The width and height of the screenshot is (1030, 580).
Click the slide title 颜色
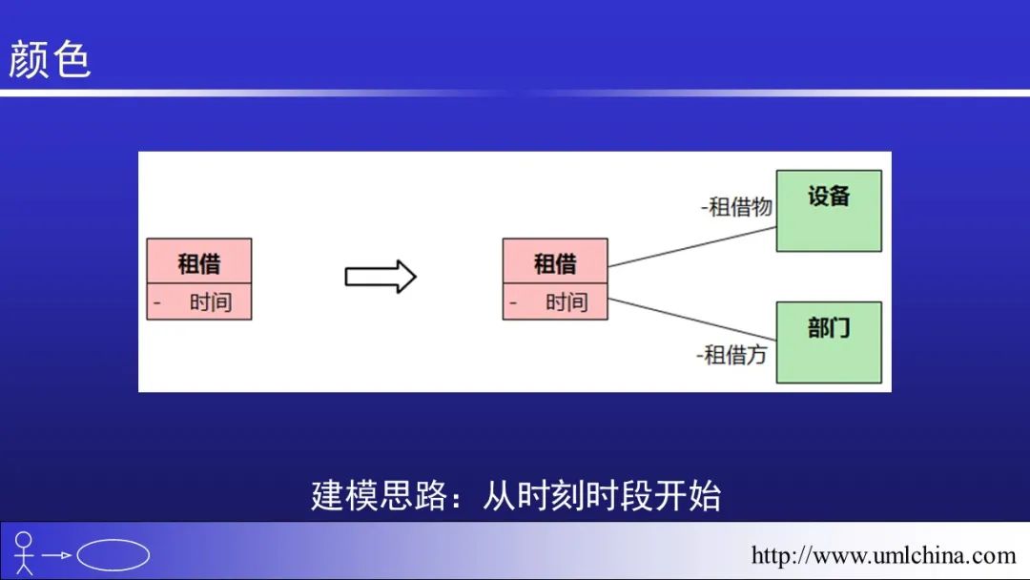[50, 59]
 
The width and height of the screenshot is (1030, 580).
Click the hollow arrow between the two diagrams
[380, 277]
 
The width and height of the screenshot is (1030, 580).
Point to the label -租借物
[736, 206]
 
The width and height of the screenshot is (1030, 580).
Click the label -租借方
[731, 355]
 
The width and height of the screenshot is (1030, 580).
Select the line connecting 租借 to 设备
[691, 246]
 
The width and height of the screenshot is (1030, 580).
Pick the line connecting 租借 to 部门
[691, 318]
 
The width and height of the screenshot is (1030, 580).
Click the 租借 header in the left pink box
[198, 262]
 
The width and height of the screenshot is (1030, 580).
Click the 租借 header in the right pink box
[555, 262]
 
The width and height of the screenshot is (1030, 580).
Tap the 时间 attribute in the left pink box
[210, 302]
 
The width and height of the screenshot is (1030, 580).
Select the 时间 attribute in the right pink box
[566, 302]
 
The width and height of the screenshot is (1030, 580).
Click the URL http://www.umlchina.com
[883, 555]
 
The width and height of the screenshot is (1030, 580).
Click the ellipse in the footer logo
[113, 555]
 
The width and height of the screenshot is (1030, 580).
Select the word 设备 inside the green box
[828, 197]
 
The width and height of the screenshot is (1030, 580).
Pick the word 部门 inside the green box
[828, 328]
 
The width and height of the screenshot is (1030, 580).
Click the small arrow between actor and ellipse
[57, 555]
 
